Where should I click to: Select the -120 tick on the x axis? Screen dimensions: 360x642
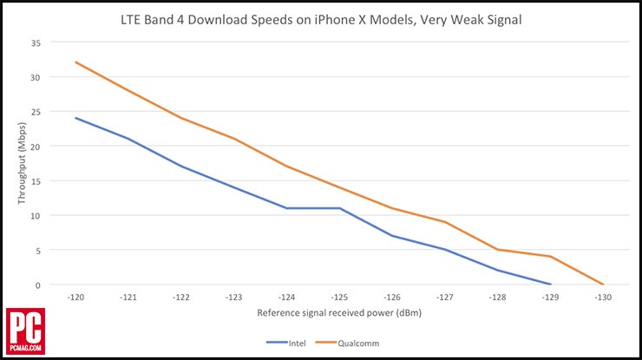[76, 297]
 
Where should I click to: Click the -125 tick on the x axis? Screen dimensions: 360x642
[339, 297]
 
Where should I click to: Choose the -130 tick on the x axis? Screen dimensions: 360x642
[602, 297]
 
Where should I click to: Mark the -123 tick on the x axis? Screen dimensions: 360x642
[234, 297]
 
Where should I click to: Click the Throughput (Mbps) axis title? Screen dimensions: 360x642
[23, 163]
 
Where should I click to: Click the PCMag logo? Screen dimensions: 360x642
[24, 331]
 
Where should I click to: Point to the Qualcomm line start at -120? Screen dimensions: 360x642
[76, 62]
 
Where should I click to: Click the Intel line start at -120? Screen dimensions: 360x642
[76, 118]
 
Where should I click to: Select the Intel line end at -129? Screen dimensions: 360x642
[550, 284]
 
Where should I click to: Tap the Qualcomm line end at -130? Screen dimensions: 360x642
[602, 284]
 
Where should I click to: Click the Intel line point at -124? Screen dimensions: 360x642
[287, 208]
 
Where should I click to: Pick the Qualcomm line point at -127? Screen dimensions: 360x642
[445, 222]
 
